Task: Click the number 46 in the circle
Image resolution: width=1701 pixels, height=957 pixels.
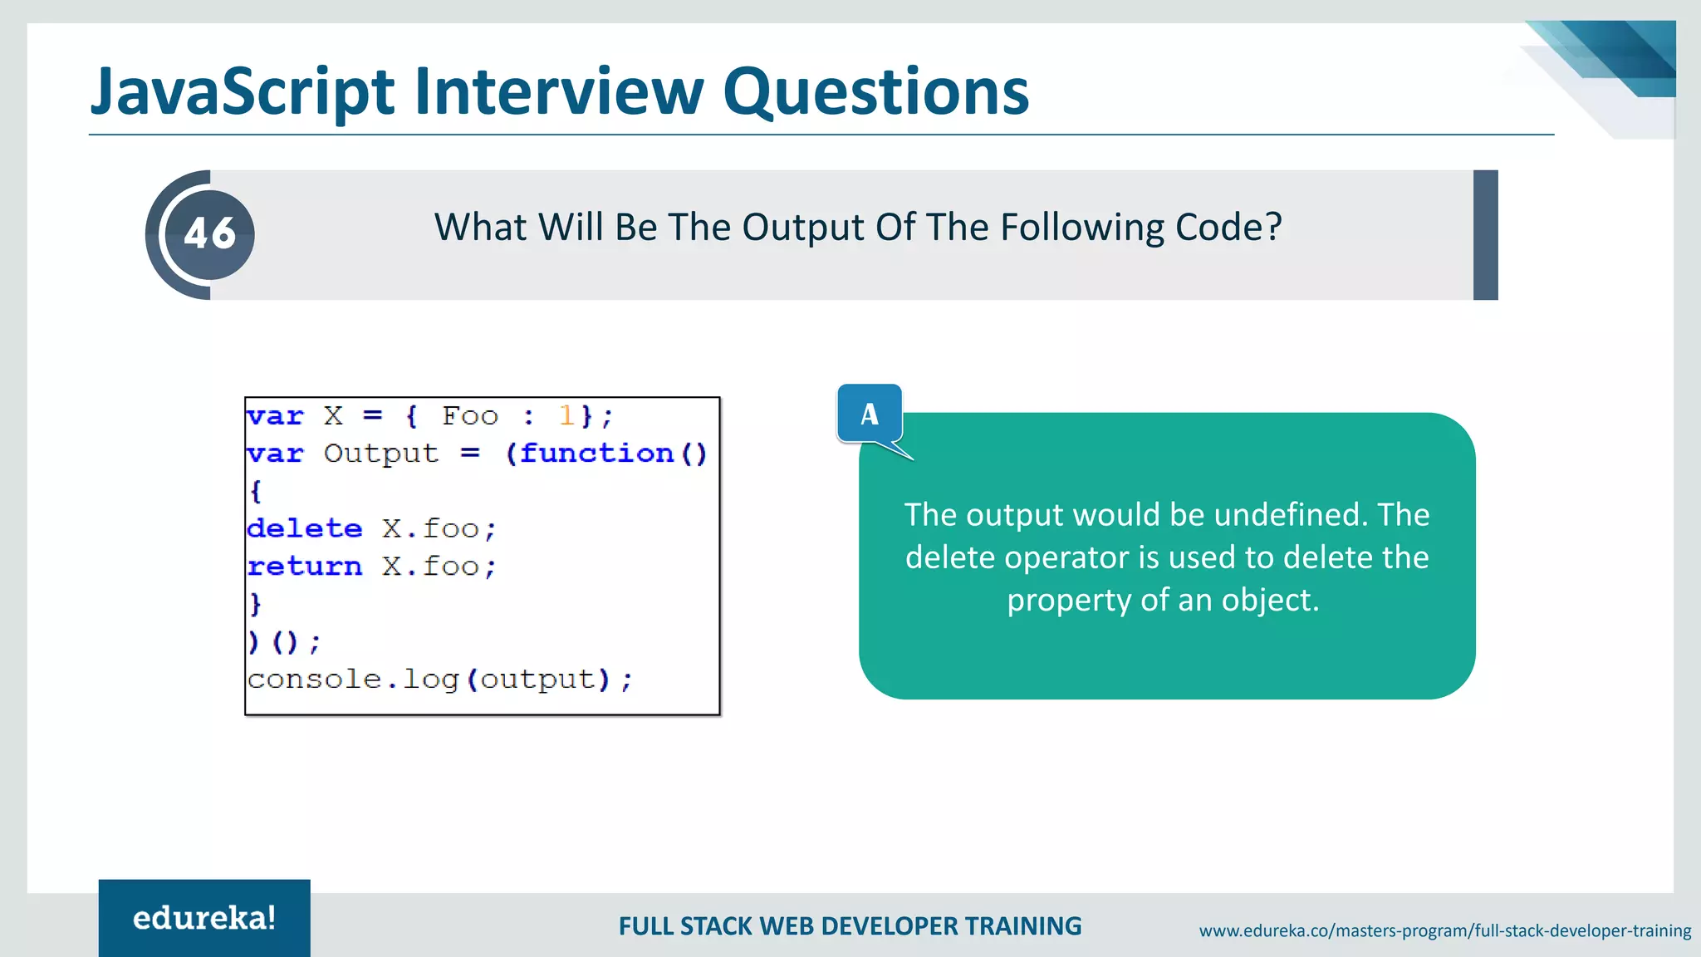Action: tap(209, 233)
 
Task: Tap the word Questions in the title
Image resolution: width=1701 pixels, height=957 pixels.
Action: tap(875, 91)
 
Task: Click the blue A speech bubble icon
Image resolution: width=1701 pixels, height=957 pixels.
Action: tap(870, 414)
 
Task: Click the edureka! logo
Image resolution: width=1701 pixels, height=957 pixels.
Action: tap(204, 918)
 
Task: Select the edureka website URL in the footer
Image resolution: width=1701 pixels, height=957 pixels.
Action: tap(1444, 930)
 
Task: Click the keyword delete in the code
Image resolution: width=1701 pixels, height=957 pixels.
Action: tap(305, 528)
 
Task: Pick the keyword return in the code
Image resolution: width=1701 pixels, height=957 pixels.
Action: tap(305, 567)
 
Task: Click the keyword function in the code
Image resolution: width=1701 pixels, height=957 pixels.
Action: tap(596, 454)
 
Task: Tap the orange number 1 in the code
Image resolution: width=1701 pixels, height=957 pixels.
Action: tap(566, 415)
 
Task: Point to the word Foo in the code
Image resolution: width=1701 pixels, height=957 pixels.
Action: tap(470, 415)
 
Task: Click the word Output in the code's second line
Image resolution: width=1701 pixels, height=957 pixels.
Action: tap(380, 454)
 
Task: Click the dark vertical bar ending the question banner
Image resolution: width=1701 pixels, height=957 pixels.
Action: tap(1485, 235)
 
